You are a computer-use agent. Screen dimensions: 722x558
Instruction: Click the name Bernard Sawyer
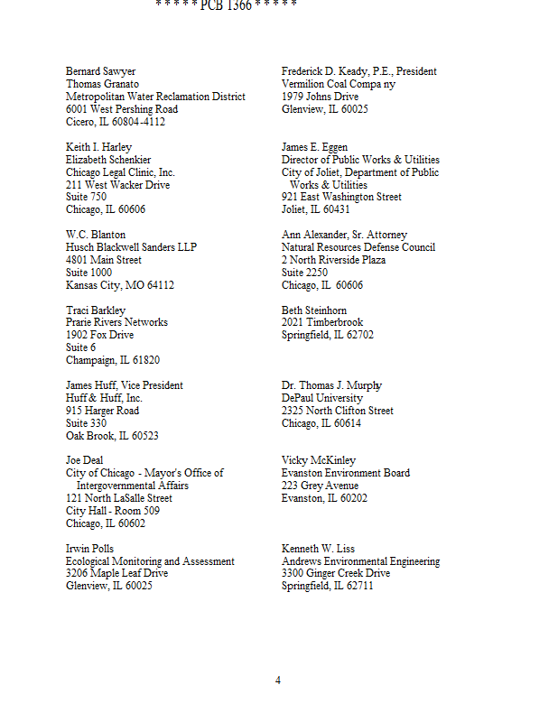pos(101,71)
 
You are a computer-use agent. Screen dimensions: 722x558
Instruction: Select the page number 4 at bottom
pos(278,680)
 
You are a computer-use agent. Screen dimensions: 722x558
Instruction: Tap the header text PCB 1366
pos(225,5)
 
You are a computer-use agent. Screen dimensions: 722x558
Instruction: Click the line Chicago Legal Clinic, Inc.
pos(120,172)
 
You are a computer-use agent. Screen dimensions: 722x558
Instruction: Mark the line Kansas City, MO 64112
pos(120,285)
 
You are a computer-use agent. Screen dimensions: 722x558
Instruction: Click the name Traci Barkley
pos(96,310)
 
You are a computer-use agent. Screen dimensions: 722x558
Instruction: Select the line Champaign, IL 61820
pos(113,360)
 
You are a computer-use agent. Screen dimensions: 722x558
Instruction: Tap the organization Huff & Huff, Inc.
pos(104,398)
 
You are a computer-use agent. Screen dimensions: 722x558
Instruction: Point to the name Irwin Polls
pos(89,549)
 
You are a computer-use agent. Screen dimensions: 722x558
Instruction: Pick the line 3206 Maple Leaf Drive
pos(116,573)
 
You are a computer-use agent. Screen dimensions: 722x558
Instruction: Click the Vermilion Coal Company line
pos(339,84)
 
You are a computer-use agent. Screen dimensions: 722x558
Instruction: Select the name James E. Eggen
pos(314,147)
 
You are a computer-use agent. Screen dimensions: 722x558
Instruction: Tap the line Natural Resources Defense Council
pos(358,247)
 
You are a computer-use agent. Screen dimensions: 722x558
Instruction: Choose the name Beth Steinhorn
pos(314,310)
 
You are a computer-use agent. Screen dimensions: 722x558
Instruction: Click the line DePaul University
pos(322,398)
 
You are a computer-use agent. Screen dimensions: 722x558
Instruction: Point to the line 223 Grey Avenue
pos(320,486)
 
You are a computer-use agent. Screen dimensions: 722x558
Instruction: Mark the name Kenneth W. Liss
pos(319,549)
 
